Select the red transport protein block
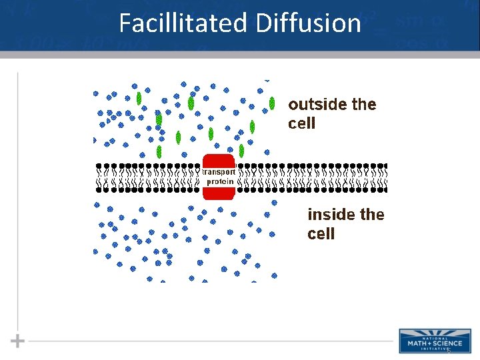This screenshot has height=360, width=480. click(x=219, y=177)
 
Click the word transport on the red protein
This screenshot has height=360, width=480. click(x=219, y=171)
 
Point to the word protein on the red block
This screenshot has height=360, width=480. click(x=219, y=181)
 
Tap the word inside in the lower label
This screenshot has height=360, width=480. click(x=331, y=215)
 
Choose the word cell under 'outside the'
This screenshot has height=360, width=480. click(x=301, y=124)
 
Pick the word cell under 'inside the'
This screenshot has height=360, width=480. click(x=321, y=234)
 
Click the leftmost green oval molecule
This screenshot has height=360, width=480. click(x=139, y=99)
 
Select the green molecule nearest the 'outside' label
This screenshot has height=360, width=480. click(x=272, y=103)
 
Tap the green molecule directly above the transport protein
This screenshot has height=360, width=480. click(x=211, y=133)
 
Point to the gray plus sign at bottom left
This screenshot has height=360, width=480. click(x=18, y=341)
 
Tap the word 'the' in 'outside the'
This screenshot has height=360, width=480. click(x=363, y=105)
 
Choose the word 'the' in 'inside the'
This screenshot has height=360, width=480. click(x=371, y=215)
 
